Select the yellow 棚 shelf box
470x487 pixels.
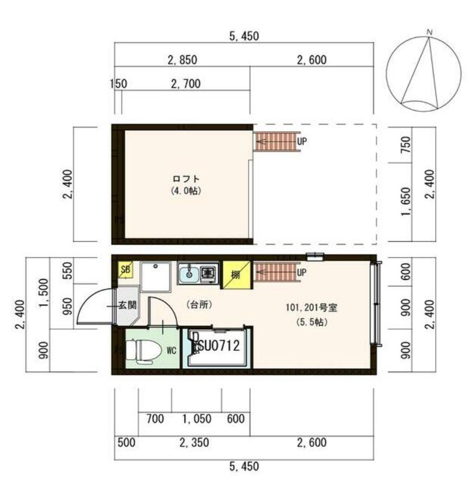click(235, 275)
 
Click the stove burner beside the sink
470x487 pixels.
click(208, 273)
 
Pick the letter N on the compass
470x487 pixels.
click(429, 33)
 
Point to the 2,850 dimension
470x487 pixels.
click(182, 60)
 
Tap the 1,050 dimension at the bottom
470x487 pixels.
click(196, 419)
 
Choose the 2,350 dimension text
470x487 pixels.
click(194, 442)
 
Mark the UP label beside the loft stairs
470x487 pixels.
click(302, 142)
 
